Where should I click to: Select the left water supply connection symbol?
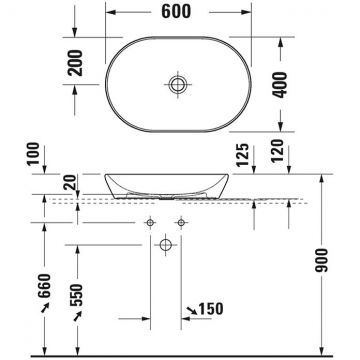coord(151,219)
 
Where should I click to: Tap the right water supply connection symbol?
coord(181,219)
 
